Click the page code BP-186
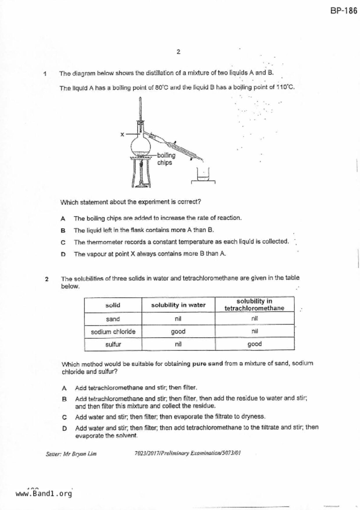tap(343, 11)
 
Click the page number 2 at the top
tap(178, 52)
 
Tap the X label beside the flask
tap(122, 134)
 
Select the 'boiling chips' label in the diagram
tap(166, 159)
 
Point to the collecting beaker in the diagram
tap(203, 175)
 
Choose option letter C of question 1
tap(63, 242)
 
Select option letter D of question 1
tap(63, 254)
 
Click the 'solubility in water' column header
tap(178, 305)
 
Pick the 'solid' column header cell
tap(113, 305)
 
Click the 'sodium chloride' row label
tap(113, 332)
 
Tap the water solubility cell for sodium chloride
tap(178, 331)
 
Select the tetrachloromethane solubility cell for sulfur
tap(255, 344)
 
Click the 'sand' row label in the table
tap(113, 319)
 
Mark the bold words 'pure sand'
tap(207, 363)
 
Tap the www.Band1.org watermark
tap(44, 494)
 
